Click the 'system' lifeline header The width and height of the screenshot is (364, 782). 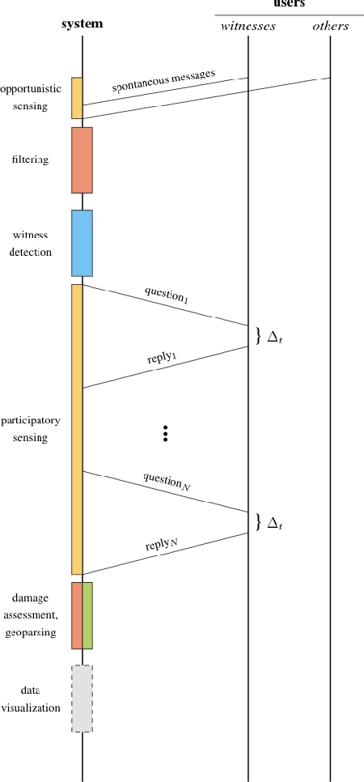[83, 23]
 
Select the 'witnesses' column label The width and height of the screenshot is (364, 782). [248, 26]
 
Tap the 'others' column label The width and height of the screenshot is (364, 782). [330, 26]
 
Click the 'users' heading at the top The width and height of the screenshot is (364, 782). [289, 5]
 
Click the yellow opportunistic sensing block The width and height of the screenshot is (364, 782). [77, 98]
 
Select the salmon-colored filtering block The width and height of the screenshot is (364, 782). [82, 159]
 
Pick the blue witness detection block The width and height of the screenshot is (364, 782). [82, 243]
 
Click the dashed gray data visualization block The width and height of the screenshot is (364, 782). [82, 699]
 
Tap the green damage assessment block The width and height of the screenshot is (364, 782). [87, 615]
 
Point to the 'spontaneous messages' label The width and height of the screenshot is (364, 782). [163, 80]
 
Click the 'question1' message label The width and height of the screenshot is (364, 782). [167, 295]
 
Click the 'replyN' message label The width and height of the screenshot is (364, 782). [162, 545]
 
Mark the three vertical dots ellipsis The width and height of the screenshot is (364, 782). [165, 434]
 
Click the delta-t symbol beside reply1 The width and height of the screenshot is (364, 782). [275, 337]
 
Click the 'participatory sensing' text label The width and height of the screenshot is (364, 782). [25, 429]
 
